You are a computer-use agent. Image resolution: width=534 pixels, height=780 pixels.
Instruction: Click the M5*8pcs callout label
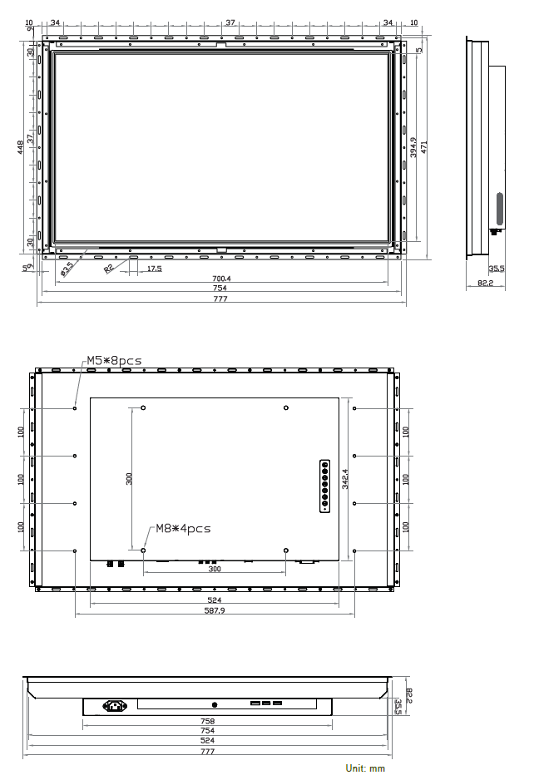pyautogui.click(x=114, y=361)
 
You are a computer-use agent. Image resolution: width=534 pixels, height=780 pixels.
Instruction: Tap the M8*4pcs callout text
pyautogui.click(x=183, y=528)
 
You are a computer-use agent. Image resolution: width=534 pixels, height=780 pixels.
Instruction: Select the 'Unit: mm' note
pyautogui.click(x=365, y=768)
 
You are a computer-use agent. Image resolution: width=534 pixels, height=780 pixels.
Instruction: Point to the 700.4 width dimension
pyautogui.click(x=221, y=279)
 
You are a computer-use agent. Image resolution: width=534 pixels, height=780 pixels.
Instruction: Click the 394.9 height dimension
pyautogui.click(x=413, y=147)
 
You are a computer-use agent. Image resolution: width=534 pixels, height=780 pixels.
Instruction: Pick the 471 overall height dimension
pyautogui.click(x=424, y=146)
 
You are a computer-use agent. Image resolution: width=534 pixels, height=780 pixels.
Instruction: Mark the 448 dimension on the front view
pyautogui.click(x=21, y=146)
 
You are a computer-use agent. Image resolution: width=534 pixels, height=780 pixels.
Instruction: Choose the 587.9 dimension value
pyautogui.click(x=215, y=610)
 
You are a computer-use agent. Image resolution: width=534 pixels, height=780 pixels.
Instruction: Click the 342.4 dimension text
pyautogui.click(x=345, y=478)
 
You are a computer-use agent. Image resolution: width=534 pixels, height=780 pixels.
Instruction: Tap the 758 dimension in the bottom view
pyautogui.click(x=208, y=721)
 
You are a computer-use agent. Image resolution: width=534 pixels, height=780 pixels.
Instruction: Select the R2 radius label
pyautogui.click(x=109, y=268)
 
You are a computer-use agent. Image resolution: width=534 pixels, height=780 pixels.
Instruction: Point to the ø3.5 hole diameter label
pyautogui.click(x=67, y=268)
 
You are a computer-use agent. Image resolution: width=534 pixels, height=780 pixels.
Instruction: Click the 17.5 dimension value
pyautogui.click(x=154, y=269)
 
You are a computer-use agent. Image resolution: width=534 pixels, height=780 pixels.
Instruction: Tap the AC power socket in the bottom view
pyautogui.click(x=115, y=705)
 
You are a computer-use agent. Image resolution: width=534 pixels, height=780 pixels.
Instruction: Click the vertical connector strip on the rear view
pyautogui.click(x=324, y=486)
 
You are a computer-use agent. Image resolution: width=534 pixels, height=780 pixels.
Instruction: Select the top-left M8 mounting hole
pyautogui.click(x=143, y=408)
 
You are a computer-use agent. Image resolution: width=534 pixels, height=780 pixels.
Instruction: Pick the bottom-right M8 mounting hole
pyautogui.click(x=285, y=550)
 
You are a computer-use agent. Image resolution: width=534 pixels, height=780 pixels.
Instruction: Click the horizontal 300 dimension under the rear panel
pyautogui.click(x=215, y=569)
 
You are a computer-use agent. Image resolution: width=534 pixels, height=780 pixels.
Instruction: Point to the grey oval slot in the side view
pyautogui.click(x=500, y=209)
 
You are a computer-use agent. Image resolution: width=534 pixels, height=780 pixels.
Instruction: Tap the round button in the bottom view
pyautogui.click(x=215, y=705)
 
